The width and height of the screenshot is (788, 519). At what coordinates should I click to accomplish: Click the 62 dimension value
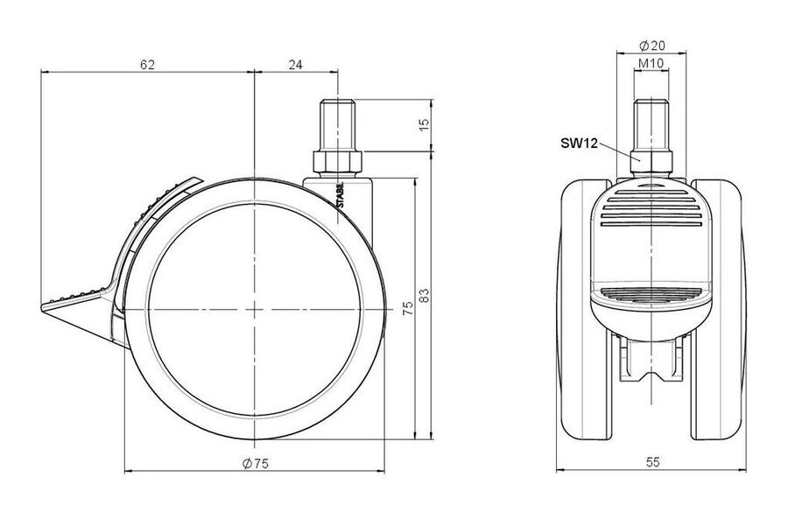[x=147, y=65]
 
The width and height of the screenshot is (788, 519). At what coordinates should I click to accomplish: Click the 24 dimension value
[x=296, y=65]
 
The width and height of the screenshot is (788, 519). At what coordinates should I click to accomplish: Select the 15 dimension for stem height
[x=424, y=124]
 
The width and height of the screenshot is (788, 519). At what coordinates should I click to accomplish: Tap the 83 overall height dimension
[x=424, y=295]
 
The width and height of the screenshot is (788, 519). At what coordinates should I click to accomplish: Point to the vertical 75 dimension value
[x=408, y=308]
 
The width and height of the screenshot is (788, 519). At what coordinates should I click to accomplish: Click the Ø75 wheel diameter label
[x=256, y=464]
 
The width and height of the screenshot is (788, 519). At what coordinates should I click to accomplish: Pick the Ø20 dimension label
[x=651, y=46]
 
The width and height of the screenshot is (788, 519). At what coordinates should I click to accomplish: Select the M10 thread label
[x=651, y=63]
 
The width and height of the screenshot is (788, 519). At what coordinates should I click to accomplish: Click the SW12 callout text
[x=579, y=144]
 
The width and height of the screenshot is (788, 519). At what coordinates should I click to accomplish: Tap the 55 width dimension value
[x=652, y=462]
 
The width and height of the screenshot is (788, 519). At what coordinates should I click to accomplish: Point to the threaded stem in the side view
[x=338, y=124]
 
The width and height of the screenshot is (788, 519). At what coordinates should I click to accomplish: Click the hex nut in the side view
[x=338, y=162]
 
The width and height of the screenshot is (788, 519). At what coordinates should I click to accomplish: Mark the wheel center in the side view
[x=256, y=308]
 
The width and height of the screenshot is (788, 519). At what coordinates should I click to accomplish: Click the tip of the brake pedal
[x=41, y=306]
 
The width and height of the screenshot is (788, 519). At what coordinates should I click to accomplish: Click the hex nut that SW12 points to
[x=651, y=162]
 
